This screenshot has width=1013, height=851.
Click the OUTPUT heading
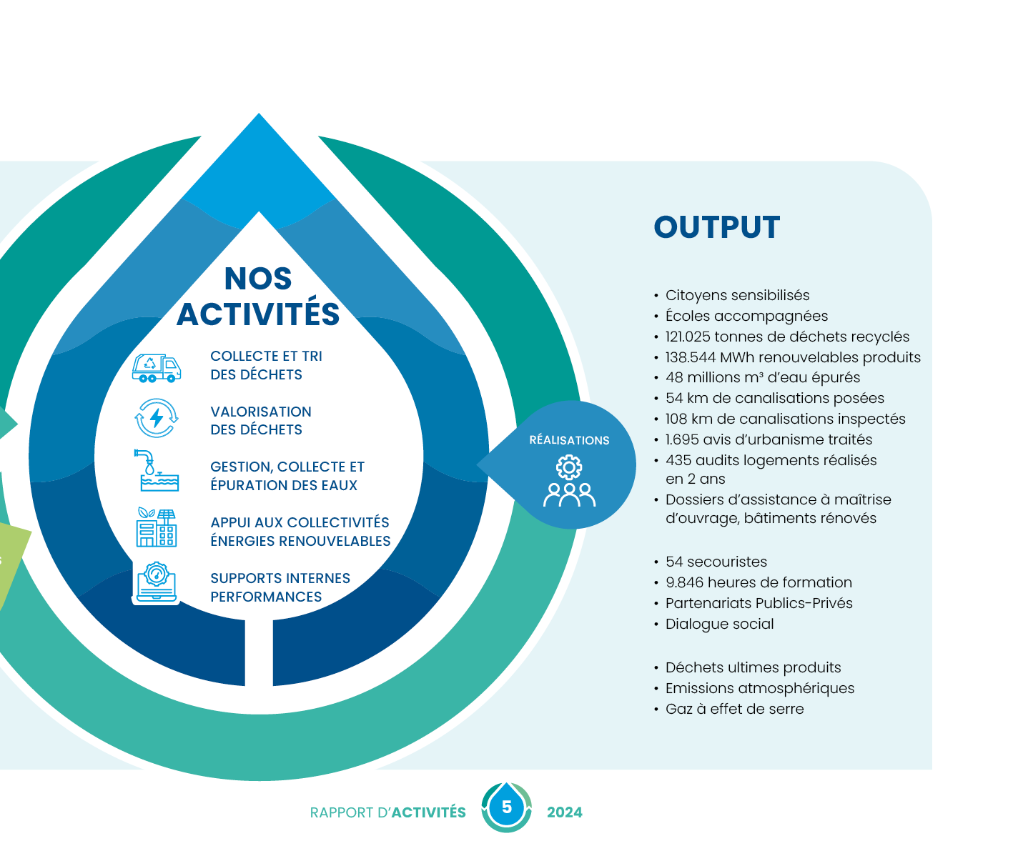tap(716, 227)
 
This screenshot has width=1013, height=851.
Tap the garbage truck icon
tap(157, 367)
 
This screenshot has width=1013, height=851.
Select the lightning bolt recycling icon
tap(157, 419)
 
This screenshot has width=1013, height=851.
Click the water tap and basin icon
tap(157, 471)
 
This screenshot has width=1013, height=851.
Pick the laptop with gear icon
tap(157, 583)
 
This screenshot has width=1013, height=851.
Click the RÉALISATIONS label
tap(569, 440)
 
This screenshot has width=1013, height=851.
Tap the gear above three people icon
tap(569, 482)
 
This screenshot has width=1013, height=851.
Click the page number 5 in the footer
tap(507, 807)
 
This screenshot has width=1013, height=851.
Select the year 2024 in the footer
tap(565, 812)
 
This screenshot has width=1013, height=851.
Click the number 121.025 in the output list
tap(688, 337)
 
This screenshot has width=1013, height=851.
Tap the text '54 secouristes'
tap(716, 562)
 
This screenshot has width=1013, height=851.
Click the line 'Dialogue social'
tap(719, 624)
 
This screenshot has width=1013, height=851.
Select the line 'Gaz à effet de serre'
tap(734, 709)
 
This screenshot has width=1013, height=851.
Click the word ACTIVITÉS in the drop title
tap(258, 314)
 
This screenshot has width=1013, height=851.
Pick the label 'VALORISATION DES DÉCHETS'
tap(260, 420)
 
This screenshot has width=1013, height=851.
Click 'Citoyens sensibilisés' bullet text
tap(737, 295)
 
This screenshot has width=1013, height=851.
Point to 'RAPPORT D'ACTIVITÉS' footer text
tap(388, 812)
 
